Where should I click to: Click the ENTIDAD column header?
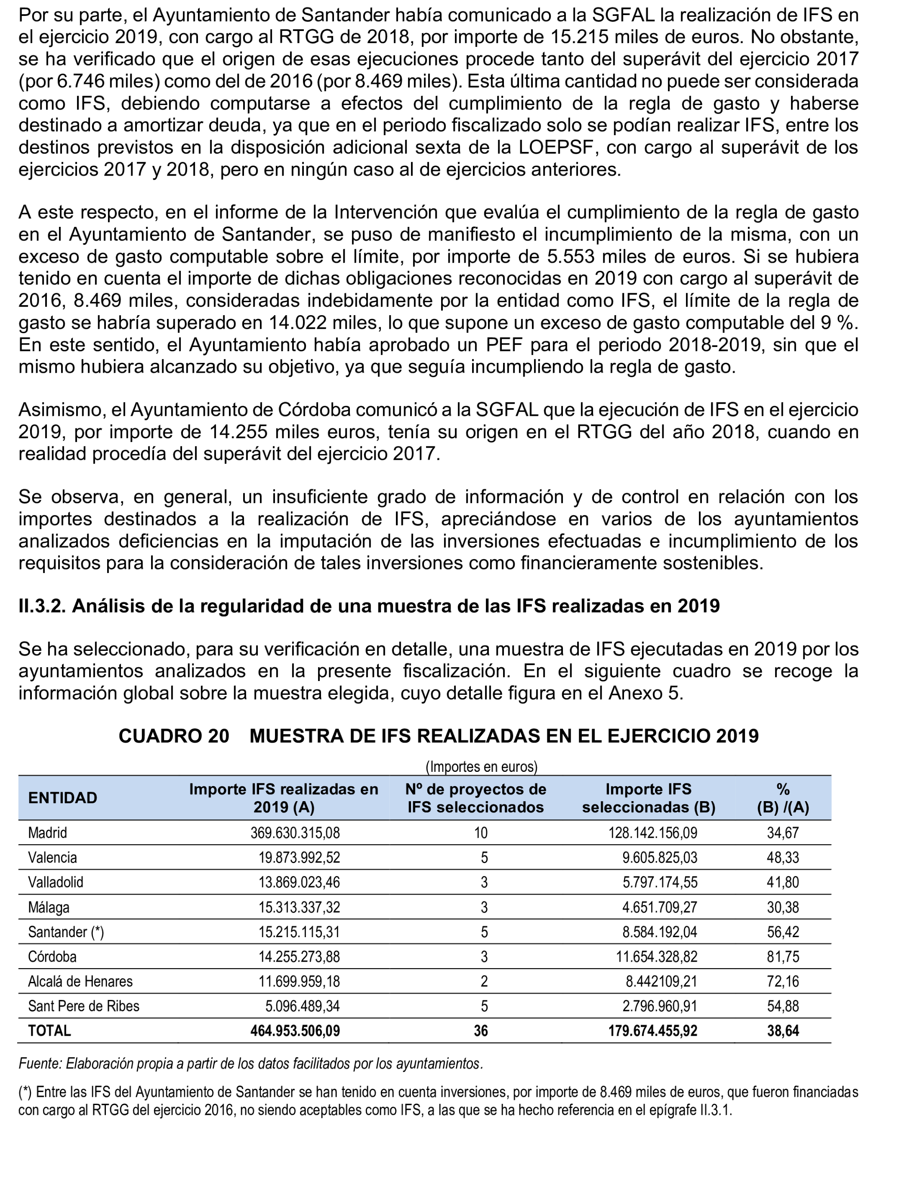(63, 798)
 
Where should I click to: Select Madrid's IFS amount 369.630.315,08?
(295, 833)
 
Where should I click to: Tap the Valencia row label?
(53, 858)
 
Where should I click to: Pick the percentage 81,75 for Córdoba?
(782, 957)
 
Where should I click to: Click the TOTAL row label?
(49, 1031)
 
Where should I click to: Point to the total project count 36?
(481, 1031)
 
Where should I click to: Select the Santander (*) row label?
(66, 932)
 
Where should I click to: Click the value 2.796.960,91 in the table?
(659, 1006)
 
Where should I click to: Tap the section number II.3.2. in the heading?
(42, 606)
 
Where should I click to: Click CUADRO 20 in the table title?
(174, 736)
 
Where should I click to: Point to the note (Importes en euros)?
(481, 767)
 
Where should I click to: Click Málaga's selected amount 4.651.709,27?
(659, 907)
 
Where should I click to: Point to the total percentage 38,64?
(782, 1031)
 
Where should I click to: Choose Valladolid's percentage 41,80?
(782, 882)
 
